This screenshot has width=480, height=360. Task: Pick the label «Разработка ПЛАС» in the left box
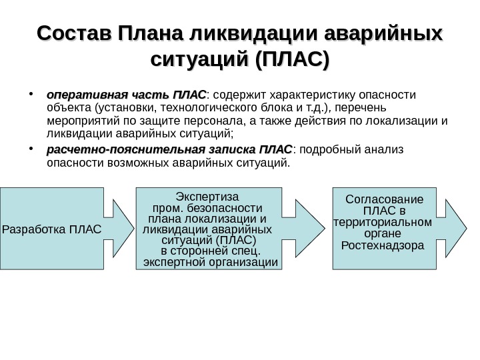coord(52,230)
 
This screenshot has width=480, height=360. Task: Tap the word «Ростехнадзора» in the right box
coord(382,245)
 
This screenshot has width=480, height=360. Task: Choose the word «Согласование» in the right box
coord(385,199)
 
